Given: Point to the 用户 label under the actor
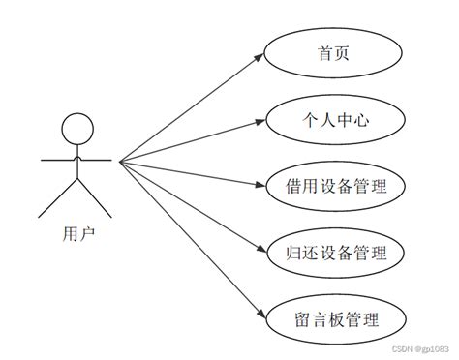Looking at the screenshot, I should tap(77, 232).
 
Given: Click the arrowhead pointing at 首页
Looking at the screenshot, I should tap(259, 58).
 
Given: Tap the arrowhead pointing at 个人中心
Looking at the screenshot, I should tap(259, 123).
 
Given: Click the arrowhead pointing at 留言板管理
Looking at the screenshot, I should tap(259, 315).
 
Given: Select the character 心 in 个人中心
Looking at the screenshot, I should tap(360, 120).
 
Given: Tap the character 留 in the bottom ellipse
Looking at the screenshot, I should tap(299, 318).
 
